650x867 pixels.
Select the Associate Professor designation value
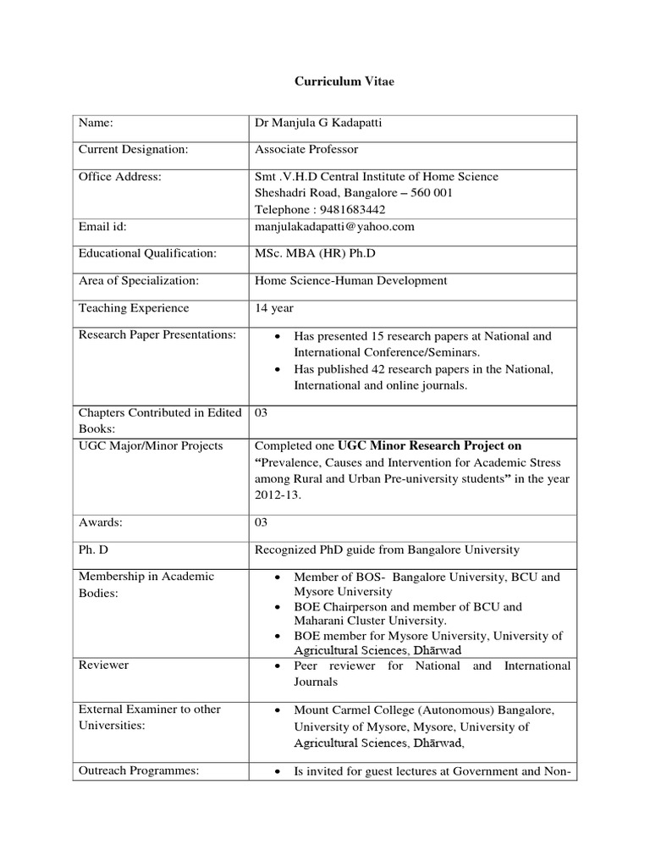point(306,150)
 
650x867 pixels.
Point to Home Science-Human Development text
point(351,281)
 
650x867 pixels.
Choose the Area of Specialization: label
point(139,281)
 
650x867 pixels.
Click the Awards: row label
point(101,523)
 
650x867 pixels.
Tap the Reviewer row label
point(104,665)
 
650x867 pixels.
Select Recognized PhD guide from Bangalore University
point(387,549)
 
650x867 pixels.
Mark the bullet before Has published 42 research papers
point(280,370)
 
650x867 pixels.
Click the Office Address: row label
point(120,176)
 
